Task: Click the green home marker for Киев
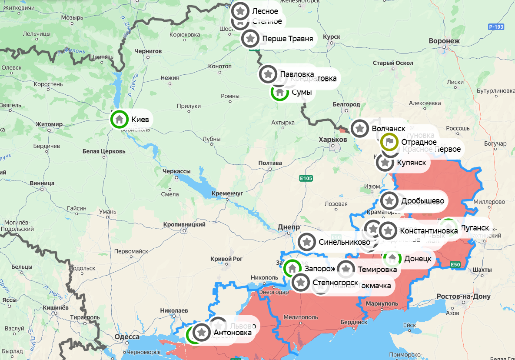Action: click(119, 119)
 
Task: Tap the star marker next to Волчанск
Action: click(359, 128)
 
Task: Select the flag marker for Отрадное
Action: click(389, 142)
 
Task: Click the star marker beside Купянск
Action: click(385, 163)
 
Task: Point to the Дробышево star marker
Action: click(389, 200)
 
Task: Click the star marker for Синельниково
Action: click(307, 242)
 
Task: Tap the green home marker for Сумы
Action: click(279, 92)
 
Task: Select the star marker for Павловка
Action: click(268, 74)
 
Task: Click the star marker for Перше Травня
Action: click(250, 38)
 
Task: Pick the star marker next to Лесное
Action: click(240, 11)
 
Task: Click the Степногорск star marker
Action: click(300, 282)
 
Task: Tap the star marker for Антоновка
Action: click(201, 333)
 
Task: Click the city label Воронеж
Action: click(444, 41)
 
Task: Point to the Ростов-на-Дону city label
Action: click(463, 297)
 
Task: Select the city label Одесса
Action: click(127, 337)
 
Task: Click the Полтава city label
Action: click(270, 163)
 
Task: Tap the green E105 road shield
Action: click(306, 178)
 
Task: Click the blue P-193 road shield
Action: click(496, 27)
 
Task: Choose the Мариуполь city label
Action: click(382, 303)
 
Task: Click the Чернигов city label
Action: click(148, 51)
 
